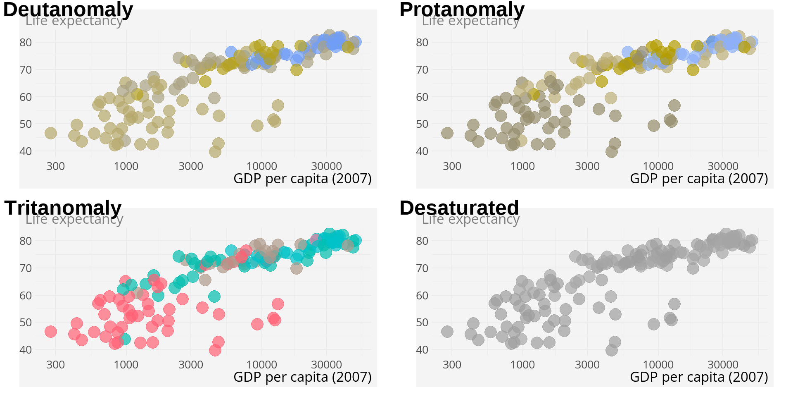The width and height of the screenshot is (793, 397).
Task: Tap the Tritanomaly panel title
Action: pyautogui.click(x=63, y=208)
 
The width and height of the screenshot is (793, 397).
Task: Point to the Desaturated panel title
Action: pyautogui.click(x=459, y=208)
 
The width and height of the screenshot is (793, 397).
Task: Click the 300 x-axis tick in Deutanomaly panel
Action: pyautogui.click(x=55, y=166)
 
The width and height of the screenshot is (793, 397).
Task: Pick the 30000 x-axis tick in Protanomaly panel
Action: pyautogui.click(x=723, y=166)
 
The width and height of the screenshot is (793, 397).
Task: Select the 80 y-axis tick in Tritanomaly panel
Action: pyautogui.click(x=26, y=241)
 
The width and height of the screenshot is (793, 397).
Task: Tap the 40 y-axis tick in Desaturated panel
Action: pyautogui.click(x=422, y=350)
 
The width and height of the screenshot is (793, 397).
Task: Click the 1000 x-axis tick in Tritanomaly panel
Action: pyautogui.click(x=126, y=365)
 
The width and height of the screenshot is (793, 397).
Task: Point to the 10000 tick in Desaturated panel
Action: pyautogui.click(x=658, y=365)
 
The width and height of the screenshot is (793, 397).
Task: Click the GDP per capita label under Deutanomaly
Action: pyautogui.click(x=302, y=179)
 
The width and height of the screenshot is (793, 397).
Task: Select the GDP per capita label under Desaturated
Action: pyautogui.click(x=699, y=377)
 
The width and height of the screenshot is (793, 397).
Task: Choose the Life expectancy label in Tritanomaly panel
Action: pyautogui.click(x=74, y=219)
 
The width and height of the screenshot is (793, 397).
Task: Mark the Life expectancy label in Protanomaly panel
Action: pyautogui.click(x=470, y=21)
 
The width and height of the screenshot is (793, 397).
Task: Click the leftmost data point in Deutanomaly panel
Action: pyautogui.click(x=50, y=133)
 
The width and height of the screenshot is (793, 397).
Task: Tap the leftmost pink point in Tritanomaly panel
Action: pyautogui.click(x=50, y=332)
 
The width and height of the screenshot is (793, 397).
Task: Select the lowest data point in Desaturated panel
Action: pyautogui.click(x=612, y=350)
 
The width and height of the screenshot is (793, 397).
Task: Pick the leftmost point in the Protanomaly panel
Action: pyautogui.click(x=447, y=133)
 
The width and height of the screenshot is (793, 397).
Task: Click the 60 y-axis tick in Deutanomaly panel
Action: pyautogui.click(x=26, y=97)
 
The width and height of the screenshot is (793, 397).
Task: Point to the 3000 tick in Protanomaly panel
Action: pyautogui.click(x=587, y=166)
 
